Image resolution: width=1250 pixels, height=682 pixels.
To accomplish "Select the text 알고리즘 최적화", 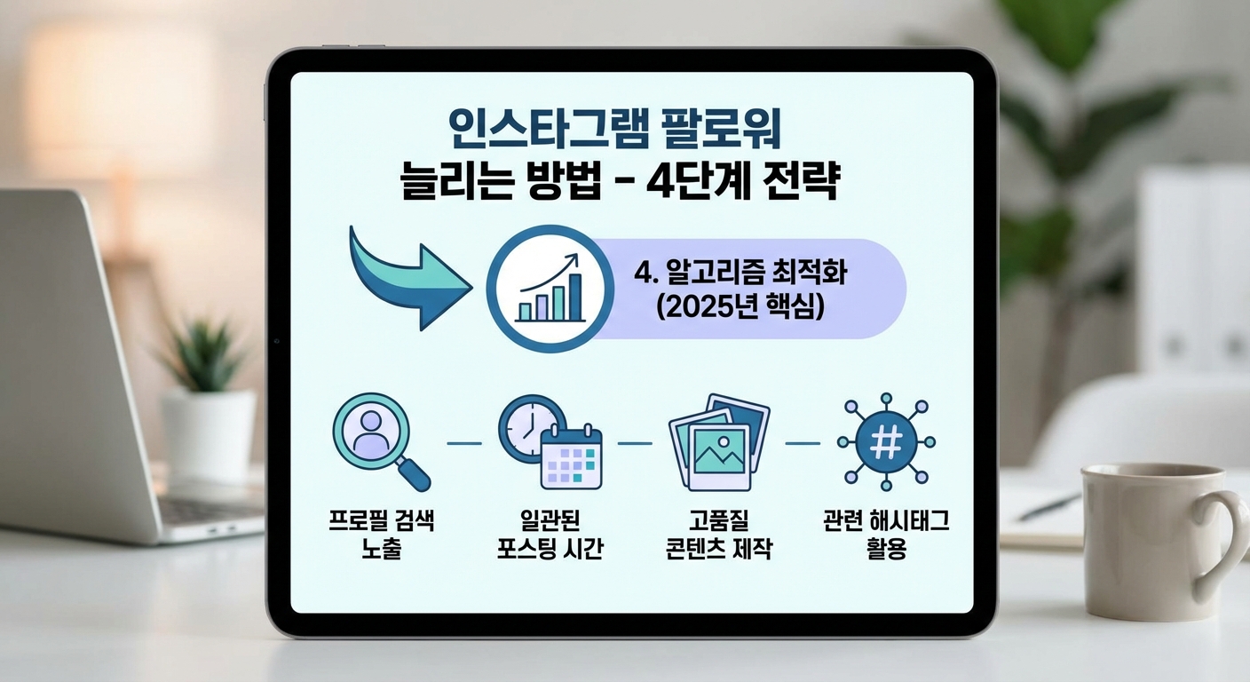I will tap(741, 272).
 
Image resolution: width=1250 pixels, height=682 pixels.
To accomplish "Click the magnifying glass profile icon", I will tap(378, 440).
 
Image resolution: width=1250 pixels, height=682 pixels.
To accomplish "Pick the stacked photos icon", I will tap(717, 441).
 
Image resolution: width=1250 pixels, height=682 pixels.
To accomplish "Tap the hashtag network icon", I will tap(886, 441).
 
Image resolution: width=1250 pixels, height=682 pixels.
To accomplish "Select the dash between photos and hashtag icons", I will tap(803, 442).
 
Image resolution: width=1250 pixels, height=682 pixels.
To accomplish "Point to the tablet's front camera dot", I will tap(278, 342).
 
